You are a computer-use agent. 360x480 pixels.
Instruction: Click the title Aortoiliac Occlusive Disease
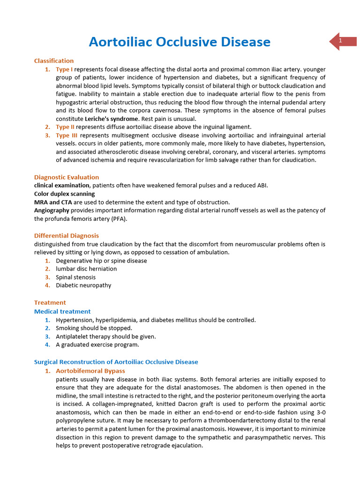pos(180,42)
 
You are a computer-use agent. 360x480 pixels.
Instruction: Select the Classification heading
pos(54,60)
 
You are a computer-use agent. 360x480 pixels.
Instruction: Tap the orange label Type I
pos(64,69)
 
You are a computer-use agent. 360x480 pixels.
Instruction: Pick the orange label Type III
pos(67,135)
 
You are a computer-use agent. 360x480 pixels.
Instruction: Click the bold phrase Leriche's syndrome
pos(111,119)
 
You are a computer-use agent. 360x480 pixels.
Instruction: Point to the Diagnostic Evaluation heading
pos(67,177)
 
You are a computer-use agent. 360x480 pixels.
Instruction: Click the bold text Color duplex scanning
pos(64,194)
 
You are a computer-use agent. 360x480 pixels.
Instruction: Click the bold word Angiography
pos(52,210)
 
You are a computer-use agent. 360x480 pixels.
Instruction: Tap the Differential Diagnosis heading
pos(67,236)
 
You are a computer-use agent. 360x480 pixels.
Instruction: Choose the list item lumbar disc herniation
pos(86,269)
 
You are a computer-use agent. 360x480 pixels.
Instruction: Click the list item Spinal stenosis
pos(75,277)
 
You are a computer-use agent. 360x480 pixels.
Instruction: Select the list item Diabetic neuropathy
pos(83,285)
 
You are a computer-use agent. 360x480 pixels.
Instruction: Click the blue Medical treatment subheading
pos(62,311)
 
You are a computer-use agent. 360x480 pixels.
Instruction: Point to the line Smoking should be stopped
pos(94,328)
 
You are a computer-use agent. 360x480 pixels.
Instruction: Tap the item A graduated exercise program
pos(97,345)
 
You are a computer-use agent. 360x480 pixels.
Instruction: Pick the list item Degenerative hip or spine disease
pos(101,261)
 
